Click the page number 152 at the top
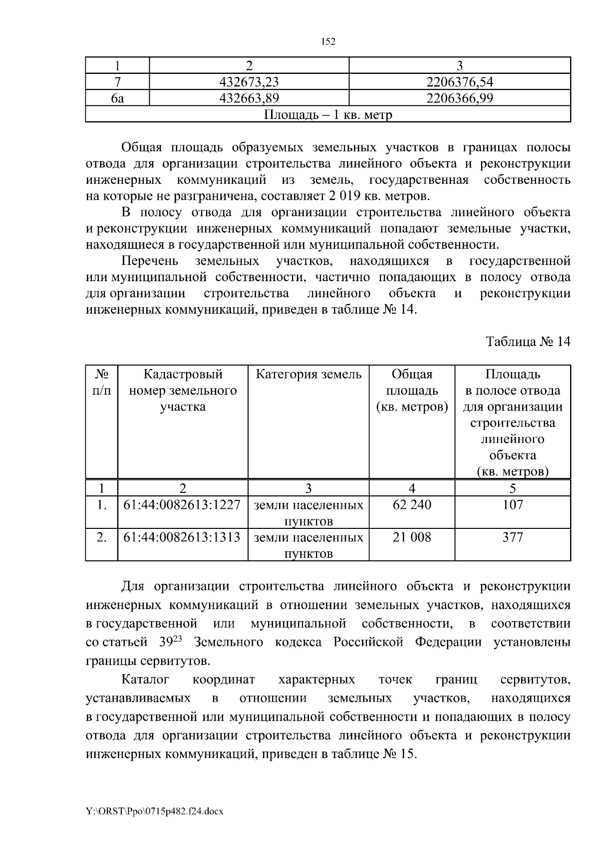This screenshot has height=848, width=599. pyautogui.click(x=327, y=42)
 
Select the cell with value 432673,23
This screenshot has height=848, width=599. pyautogui.click(x=249, y=82)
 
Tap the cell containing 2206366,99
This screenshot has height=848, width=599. pyautogui.click(x=459, y=98)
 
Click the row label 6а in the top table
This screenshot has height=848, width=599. pyautogui.click(x=117, y=98)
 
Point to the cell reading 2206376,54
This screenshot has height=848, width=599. pyautogui.click(x=459, y=82)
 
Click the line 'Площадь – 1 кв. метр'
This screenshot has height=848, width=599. pyautogui.click(x=327, y=115)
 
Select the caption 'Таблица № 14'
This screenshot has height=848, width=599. pyautogui.click(x=528, y=342)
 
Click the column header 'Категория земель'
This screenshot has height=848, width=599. pyautogui.click(x=308, y=374)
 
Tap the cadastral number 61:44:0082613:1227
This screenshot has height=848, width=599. pyautogui.click(x=182, y=505)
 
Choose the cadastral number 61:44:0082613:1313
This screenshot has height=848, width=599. pyautogui.click(x=182, y=537)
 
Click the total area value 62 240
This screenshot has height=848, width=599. pyautogui.click(x=412, y=505)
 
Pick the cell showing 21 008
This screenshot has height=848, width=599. pyautogui.click(x=412, y=537)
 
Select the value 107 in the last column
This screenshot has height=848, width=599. pyautogui.click(x=513, y=505)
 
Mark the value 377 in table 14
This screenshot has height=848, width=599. pyautogui.click(x=513, y=537)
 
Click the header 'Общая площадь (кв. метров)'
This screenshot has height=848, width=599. pyautogui.click(x=412, y=390)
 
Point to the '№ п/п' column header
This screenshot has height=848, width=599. pyautogui.click(x=102, y=382)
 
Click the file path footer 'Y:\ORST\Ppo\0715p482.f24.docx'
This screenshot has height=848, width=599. pyautogui.click(x=155, y=812)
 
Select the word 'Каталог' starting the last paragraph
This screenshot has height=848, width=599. pyautogui.click(x=145, y=680)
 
